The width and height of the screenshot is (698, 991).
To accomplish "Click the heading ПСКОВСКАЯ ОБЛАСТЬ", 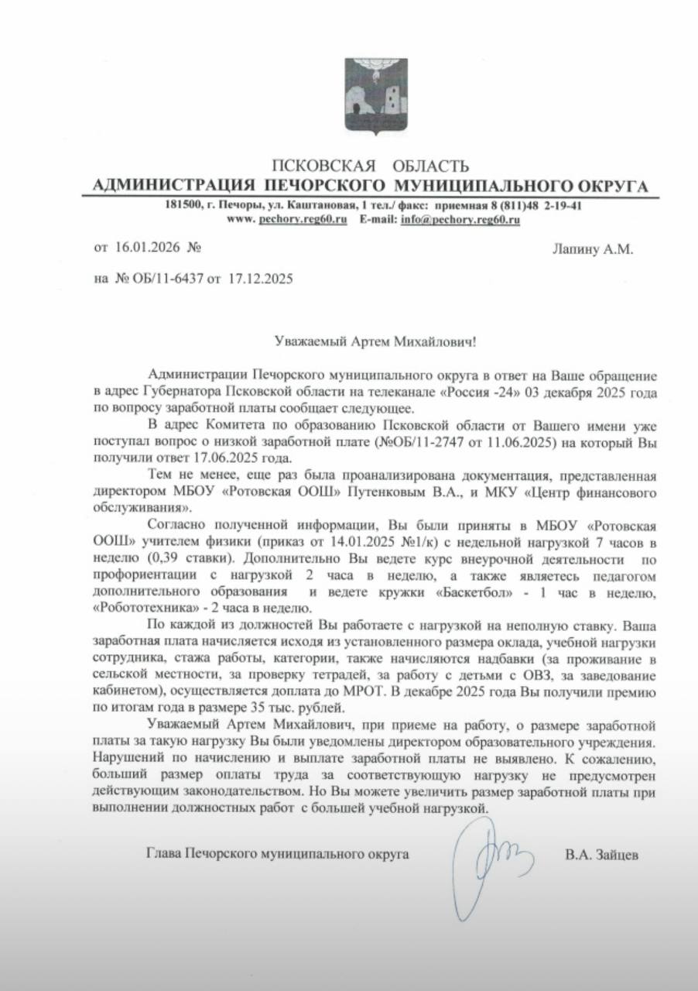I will tap(371, 165).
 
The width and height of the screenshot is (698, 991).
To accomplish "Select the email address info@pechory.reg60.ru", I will tap(460, 220).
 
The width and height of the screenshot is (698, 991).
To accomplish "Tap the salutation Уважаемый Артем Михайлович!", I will tap(371, 341).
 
